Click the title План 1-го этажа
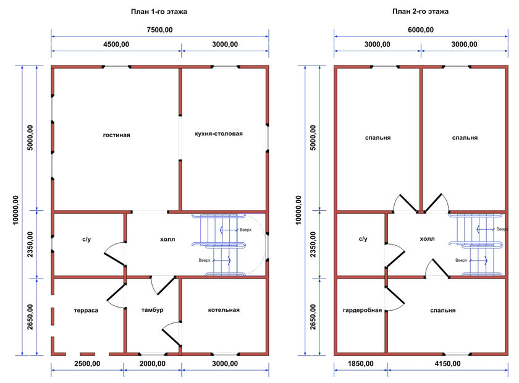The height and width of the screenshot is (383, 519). click(159, 12)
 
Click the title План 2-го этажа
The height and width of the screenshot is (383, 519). click(420, 12)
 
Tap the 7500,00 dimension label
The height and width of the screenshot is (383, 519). click(159, 30)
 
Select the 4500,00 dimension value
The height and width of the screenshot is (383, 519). click(116, 44)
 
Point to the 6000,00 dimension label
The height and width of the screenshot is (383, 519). click(421, 30)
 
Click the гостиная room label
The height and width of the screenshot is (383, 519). click(117, 135)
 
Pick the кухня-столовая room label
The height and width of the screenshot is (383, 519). click(219, 133)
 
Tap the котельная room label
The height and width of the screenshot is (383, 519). click(224, 310)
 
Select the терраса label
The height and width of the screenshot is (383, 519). click(86, 311)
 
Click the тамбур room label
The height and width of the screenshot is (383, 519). click(152, 310)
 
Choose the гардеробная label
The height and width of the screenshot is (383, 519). click(363, 311)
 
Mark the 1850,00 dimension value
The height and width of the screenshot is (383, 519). click(360, 364)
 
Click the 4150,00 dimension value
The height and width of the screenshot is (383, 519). click(447, 364)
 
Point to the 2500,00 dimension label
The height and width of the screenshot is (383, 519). click(87, 364)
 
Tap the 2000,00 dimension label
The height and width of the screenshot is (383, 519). click(152, 364)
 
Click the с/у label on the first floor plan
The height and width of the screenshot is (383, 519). click(86, 239)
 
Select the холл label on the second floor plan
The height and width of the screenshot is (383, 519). click(428, 239)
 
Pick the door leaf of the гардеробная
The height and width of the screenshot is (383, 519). click(395, 295)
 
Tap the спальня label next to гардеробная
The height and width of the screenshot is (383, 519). click(443, 311)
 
